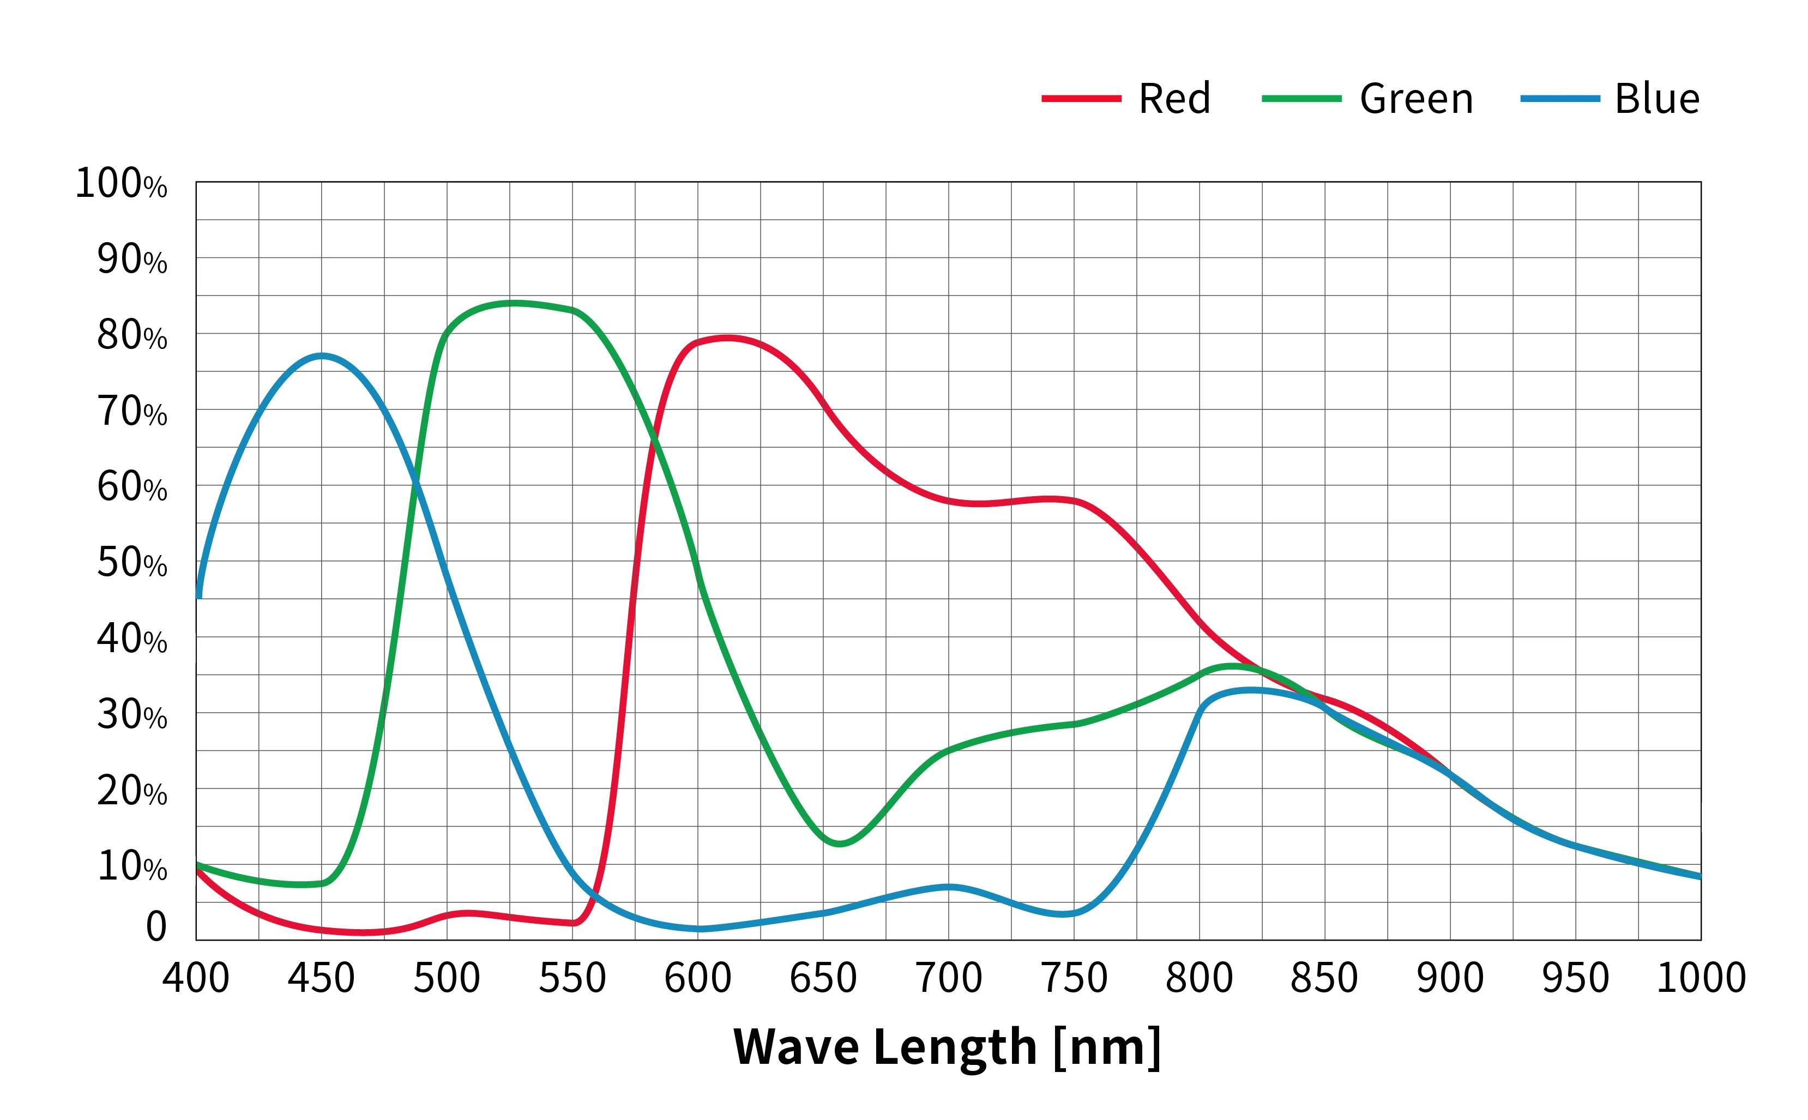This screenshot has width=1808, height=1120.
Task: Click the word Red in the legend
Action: click(1174, 99)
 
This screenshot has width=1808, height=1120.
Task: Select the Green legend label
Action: click(1415, 99)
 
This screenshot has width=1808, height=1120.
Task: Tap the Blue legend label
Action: click(1656, 99)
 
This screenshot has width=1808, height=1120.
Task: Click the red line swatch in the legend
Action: click(1081, 99)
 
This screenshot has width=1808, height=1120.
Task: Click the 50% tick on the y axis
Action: click(132, 562)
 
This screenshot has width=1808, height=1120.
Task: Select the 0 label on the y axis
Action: click(156, 926)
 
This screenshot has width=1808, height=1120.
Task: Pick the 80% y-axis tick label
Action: click(132, 335)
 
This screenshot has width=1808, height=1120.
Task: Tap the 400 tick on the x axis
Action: click(196, 978)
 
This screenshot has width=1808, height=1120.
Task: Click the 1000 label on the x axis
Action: click(1701, 978)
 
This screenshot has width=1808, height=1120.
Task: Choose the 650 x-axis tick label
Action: click(823, 978)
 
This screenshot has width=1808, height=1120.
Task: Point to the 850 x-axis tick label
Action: click(1324, 978)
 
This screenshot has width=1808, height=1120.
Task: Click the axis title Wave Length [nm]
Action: click(947, 1047)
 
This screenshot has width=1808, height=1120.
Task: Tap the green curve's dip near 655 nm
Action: click(839, 843)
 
